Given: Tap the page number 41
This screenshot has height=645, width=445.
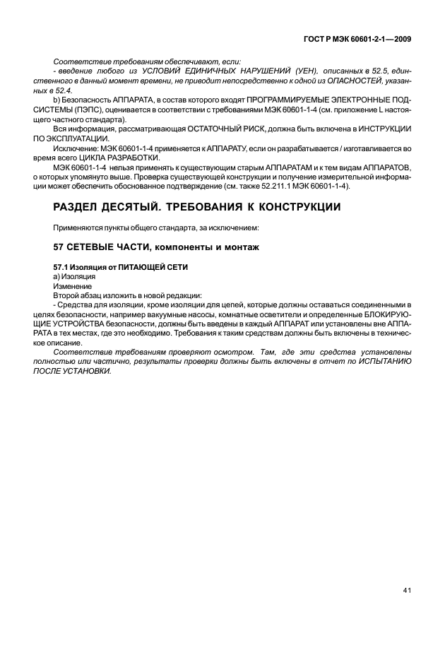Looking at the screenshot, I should [x=408, y=591].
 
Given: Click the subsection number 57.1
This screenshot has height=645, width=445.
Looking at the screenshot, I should [x=61, y=269].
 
